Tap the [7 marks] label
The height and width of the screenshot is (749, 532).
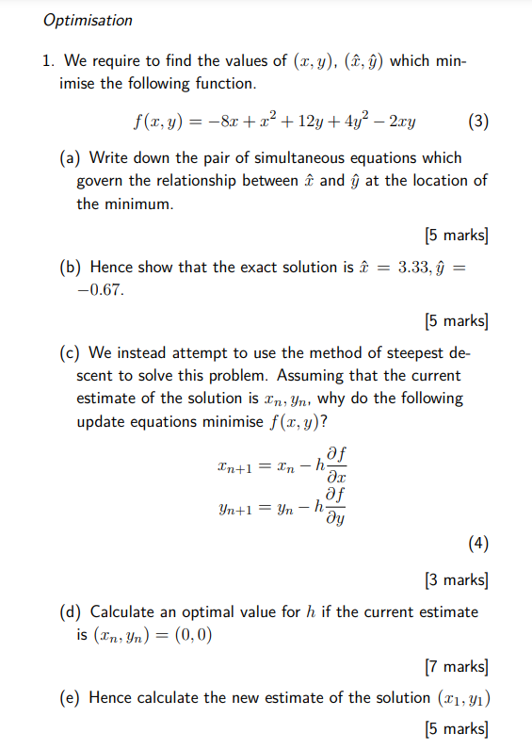[x=457, y=667]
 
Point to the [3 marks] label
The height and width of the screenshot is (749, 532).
[x=457, y=578]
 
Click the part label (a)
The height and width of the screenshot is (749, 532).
[x=70, y=157]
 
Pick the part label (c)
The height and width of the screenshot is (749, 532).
[x=70, y=353]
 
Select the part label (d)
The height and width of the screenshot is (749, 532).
[x=70, y=612]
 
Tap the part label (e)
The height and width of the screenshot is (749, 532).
[x=70, y=698]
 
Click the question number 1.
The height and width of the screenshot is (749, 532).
[x=46, y=61]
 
